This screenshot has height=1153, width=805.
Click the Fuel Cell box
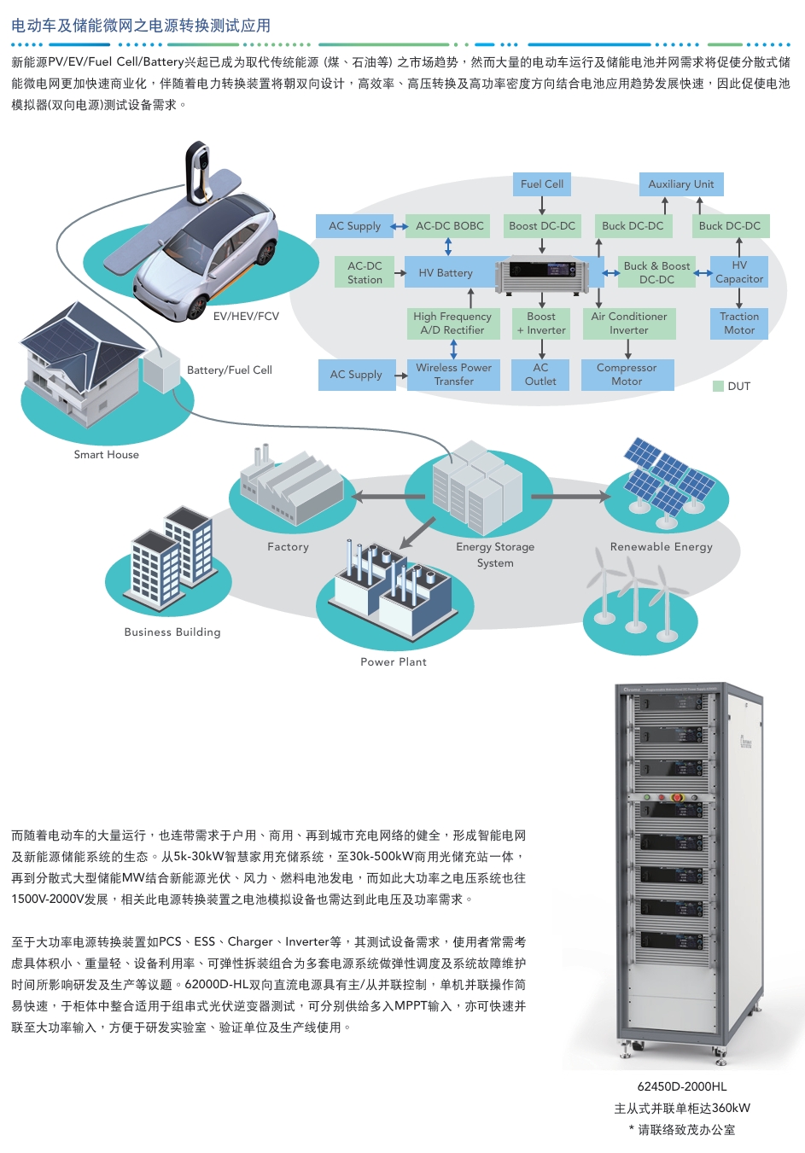(x=541, y=183)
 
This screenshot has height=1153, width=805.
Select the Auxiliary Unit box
(x=680, y=183)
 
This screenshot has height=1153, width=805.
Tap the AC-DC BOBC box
(x=449, y=226)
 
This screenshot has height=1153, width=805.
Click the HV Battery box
(x=446, y=273)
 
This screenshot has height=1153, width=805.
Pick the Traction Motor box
(x=739, y=323)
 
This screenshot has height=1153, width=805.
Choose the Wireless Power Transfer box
(x=453, y=375)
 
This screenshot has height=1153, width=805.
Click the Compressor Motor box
(x=627, y=375)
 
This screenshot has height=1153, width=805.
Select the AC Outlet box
(x=540, y=375)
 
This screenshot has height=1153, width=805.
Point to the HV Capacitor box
(x=739, y=272)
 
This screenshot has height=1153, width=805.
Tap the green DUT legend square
(x=718, y=387)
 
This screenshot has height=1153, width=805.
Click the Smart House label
(x=106, y=455)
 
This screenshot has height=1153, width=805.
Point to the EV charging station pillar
(x=198, y=175)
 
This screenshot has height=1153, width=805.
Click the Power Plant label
(x=393, y=662)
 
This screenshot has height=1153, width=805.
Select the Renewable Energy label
(x=661, y=547)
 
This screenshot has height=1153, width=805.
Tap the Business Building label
(x=172, y=632)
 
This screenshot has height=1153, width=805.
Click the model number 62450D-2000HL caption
(x=682, y=1086)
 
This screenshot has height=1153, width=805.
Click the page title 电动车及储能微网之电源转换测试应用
(x=141, y=26)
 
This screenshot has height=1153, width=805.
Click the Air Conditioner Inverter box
(x=628, y=323)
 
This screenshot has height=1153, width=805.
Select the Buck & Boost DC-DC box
(x=656, y=273)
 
